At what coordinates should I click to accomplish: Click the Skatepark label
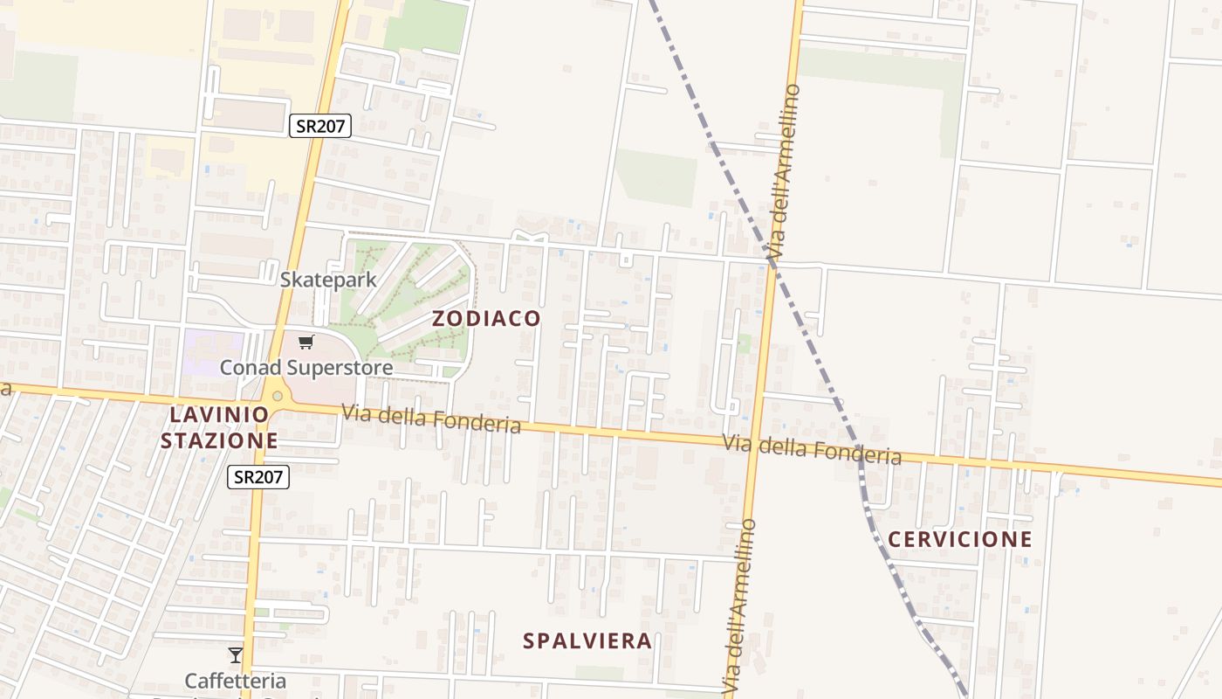pos(328,280)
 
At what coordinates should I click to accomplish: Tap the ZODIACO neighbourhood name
pos(486,319)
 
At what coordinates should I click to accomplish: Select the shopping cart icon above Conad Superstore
pos(305,343)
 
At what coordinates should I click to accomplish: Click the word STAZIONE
pos(219,440)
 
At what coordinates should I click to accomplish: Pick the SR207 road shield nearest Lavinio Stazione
pos(258,477)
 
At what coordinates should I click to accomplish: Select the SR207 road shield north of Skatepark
pos(320,126)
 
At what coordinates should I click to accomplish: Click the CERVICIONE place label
pos(960,539)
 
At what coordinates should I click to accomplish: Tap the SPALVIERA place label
pos(587,641)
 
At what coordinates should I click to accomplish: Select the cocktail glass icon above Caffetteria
pos(235,654)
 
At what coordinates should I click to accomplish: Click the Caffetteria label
pos(236,680)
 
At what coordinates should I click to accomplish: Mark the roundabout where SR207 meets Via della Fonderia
pos(278,396)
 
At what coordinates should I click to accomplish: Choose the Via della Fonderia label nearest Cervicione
pos(812,449)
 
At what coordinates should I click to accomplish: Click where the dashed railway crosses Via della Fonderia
pos(859,453)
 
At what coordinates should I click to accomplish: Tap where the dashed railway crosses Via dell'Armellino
pos(773,258)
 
